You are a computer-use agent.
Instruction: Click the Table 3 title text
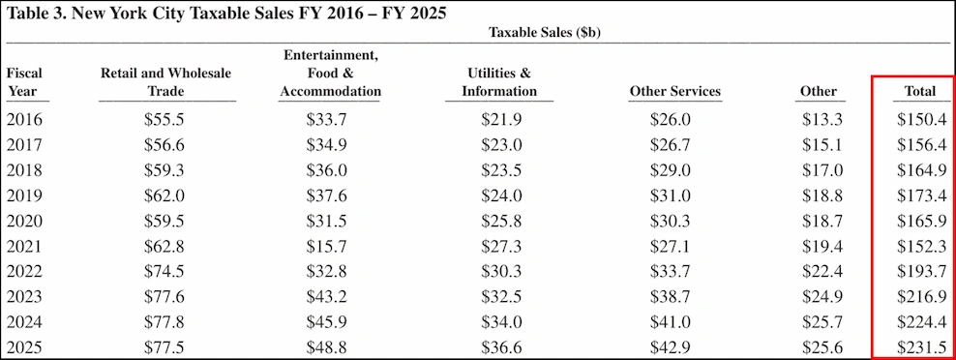pos(226,15)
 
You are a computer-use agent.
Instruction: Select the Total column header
pos(919,91)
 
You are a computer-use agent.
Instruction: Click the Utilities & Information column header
pos(498,82)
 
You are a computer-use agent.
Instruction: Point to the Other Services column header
pos(674,91)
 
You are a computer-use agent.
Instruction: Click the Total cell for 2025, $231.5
pos(921,346)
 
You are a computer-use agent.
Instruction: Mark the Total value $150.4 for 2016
pos(921,120)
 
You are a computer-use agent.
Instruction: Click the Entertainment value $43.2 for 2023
pos(330,296)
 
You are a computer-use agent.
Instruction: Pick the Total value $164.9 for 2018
pos(921,170)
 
